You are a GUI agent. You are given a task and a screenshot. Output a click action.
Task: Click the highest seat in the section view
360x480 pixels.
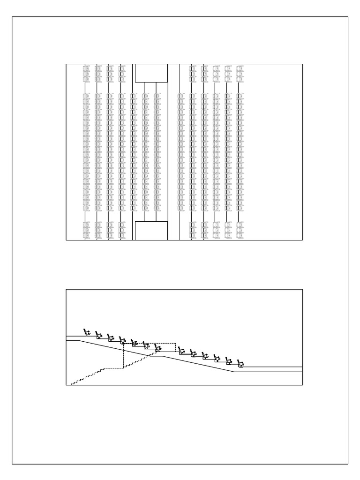pos(86,332)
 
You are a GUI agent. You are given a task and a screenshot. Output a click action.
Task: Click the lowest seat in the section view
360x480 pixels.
pos(241,363)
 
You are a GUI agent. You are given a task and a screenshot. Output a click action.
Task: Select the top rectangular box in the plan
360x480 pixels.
pos(151,73)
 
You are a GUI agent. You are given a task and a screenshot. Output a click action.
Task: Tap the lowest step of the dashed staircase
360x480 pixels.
pos(73,383)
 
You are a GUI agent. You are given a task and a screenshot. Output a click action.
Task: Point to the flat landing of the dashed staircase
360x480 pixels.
pos(112,368)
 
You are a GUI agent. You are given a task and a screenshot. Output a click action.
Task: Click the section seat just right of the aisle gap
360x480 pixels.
pos(181,351)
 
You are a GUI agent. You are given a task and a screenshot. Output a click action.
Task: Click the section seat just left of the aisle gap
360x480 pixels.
pos(157,348)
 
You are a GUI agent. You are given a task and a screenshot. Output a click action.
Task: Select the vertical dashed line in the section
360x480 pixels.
pos(123,356)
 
